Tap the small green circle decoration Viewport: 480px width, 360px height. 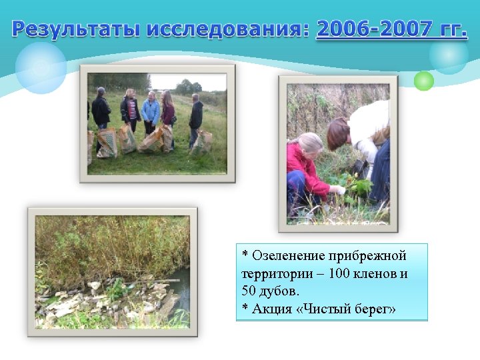click(x=423, y=81)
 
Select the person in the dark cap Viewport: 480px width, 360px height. click(x=101, y=109)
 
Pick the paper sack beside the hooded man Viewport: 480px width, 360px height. click(x=202, y=142)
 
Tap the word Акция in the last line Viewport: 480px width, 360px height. click(x=269, y=309)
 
